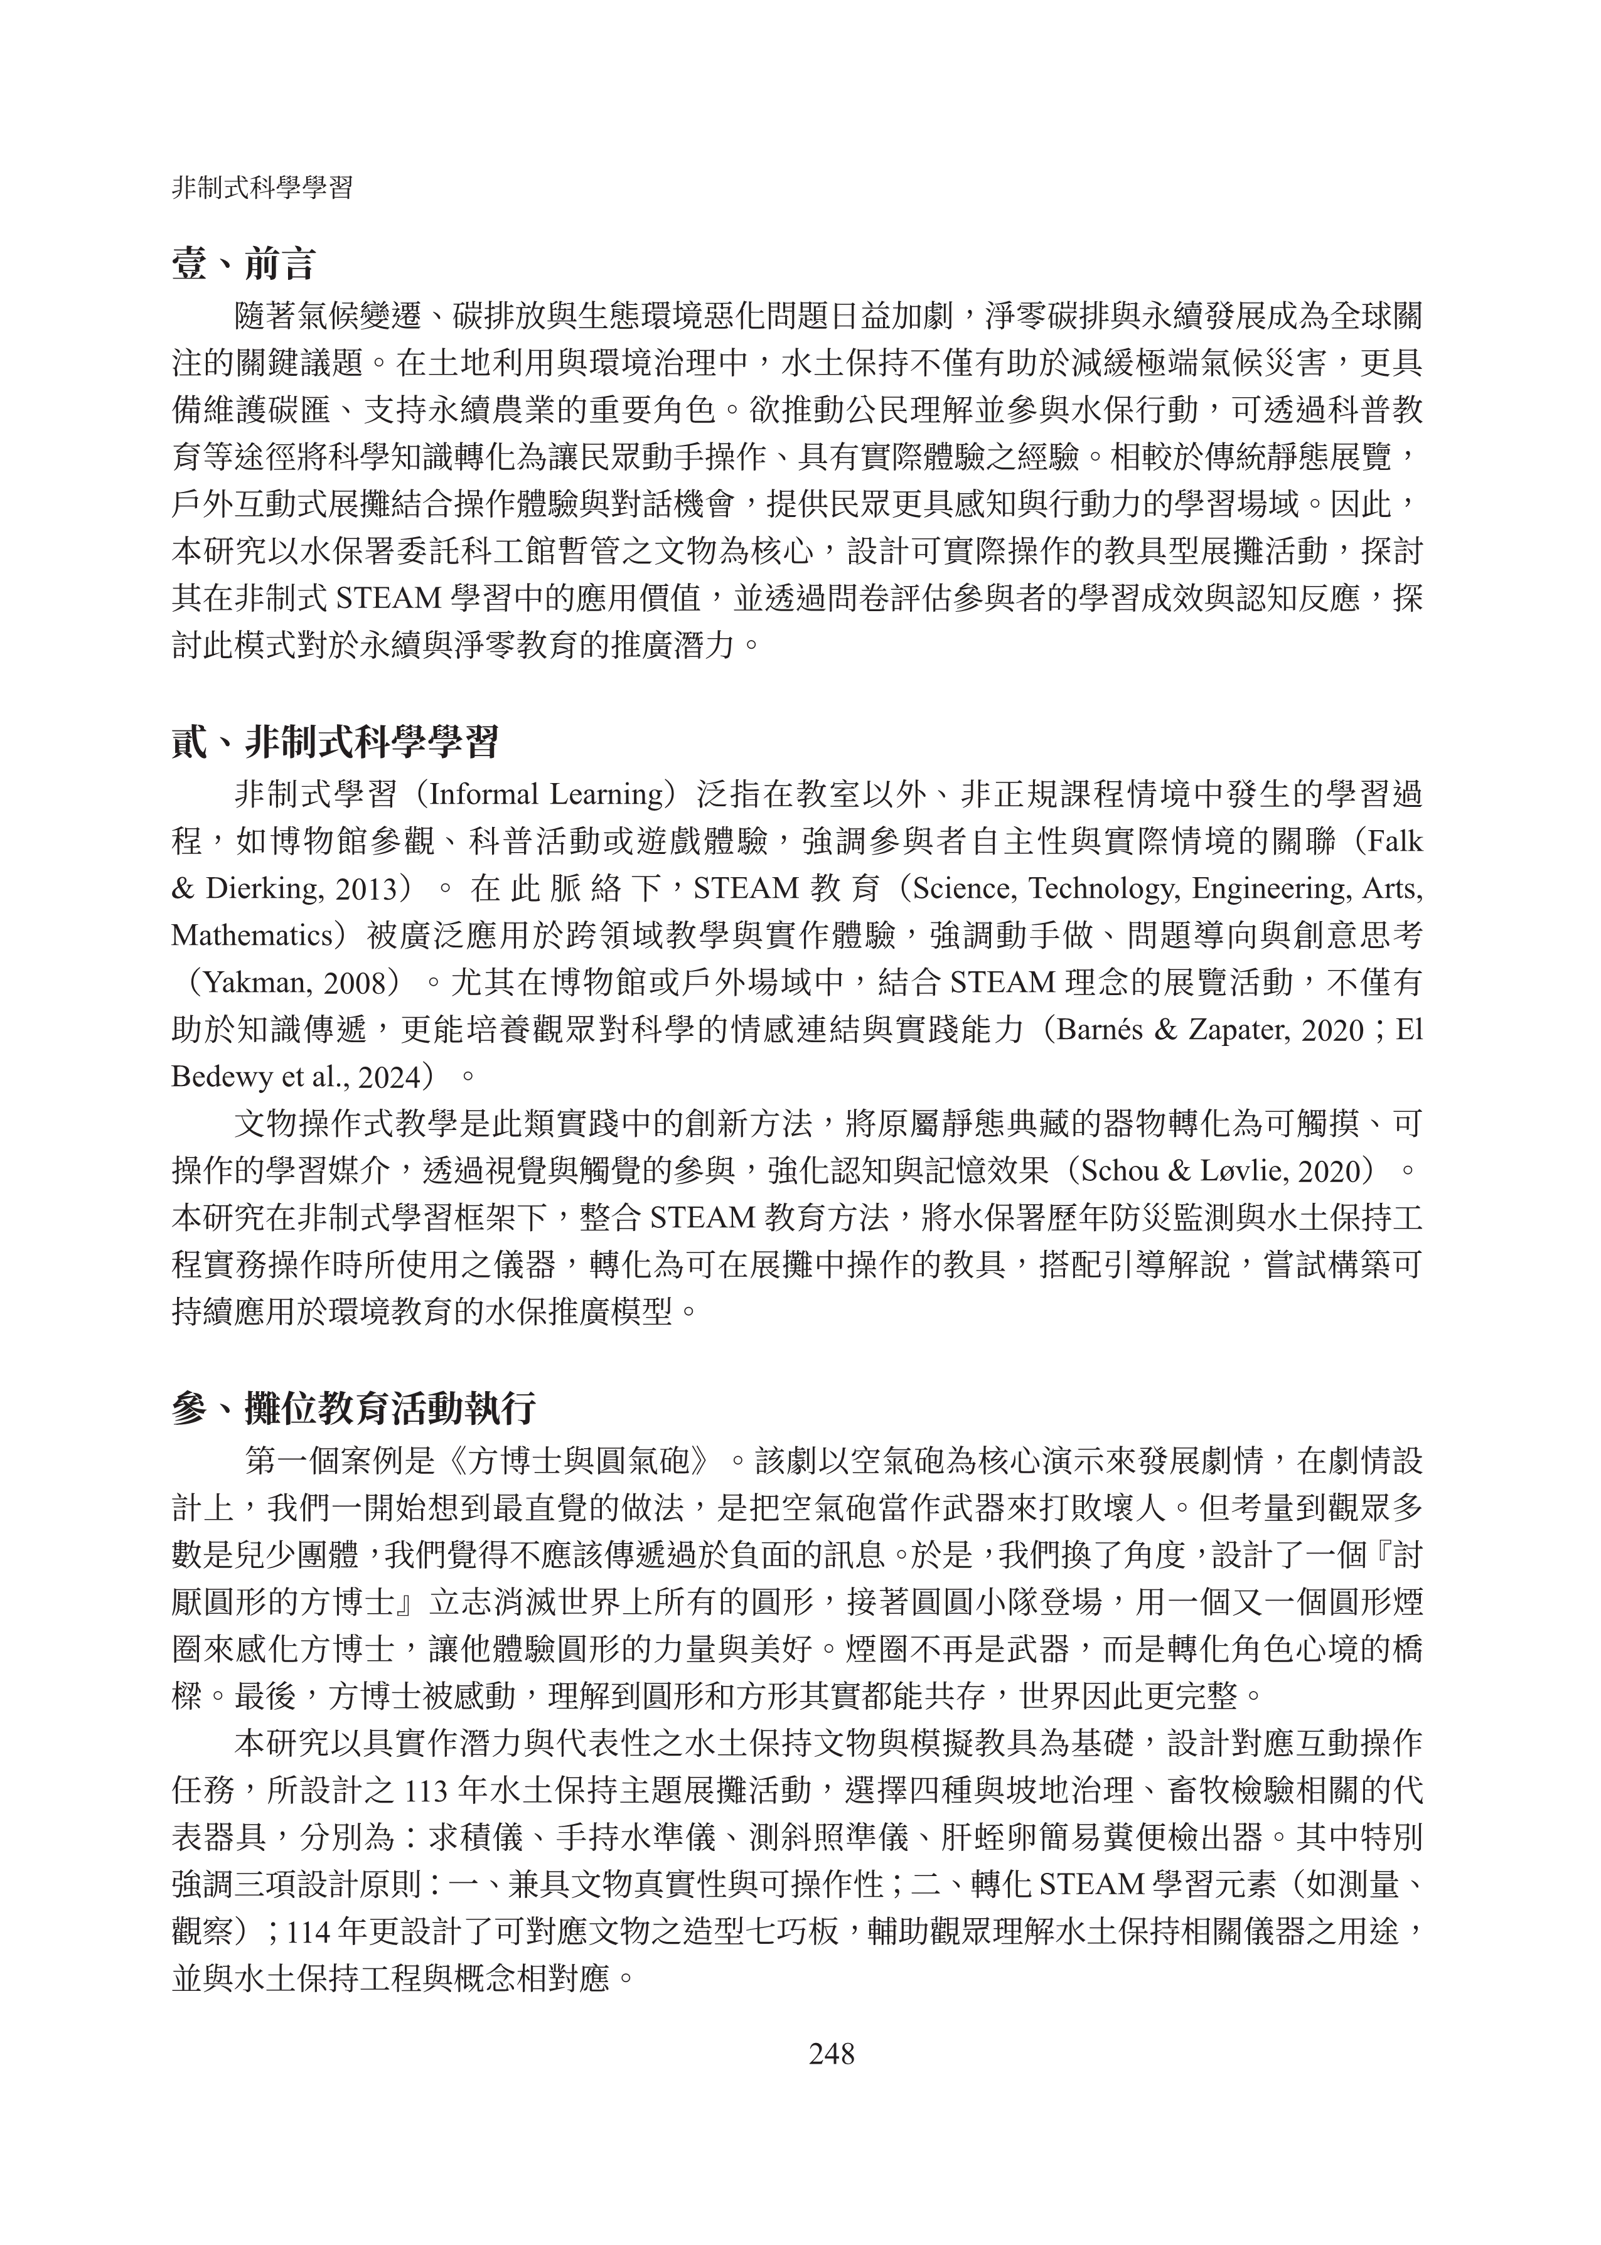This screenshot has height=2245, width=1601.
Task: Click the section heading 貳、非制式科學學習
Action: point(335,741)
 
